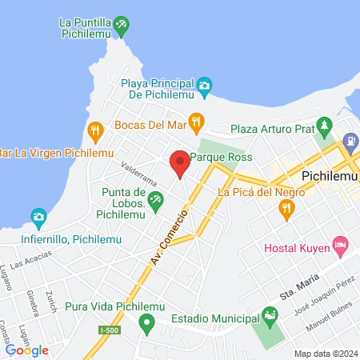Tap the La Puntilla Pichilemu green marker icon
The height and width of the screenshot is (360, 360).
[120, 26]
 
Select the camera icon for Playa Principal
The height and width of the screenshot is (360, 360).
[204, 85]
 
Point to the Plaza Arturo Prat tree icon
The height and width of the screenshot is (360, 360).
[324, 126]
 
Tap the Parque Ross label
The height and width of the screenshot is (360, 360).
[223, 157]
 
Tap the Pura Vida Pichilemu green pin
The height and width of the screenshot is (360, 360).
[146, 323]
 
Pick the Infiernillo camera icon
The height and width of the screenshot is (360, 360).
[38, 217]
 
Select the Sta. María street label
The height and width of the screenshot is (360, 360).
[298, 287]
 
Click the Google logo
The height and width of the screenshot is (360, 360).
[26, 350]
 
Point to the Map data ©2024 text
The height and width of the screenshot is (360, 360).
[325, 354]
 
